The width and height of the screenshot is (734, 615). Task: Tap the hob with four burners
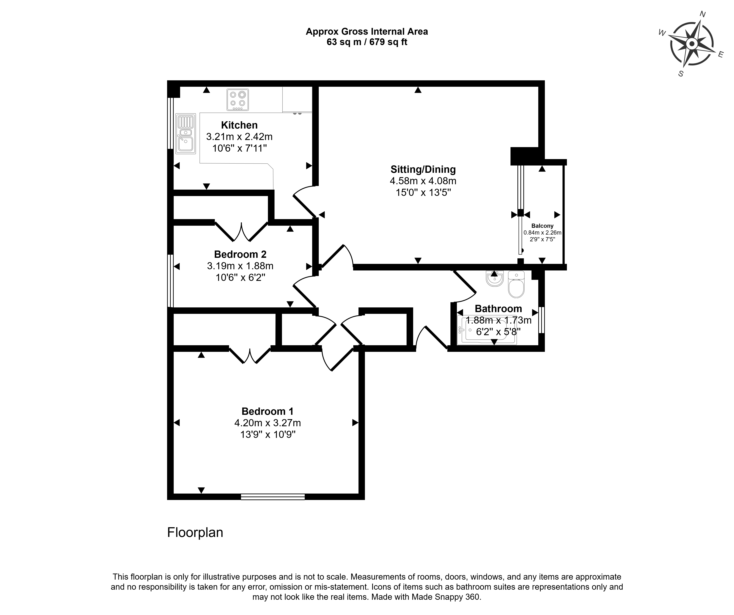coord(238,100)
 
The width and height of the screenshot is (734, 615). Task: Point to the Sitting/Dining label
coord(423,169)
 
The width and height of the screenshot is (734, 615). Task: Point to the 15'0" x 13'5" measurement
coord(423,193)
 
